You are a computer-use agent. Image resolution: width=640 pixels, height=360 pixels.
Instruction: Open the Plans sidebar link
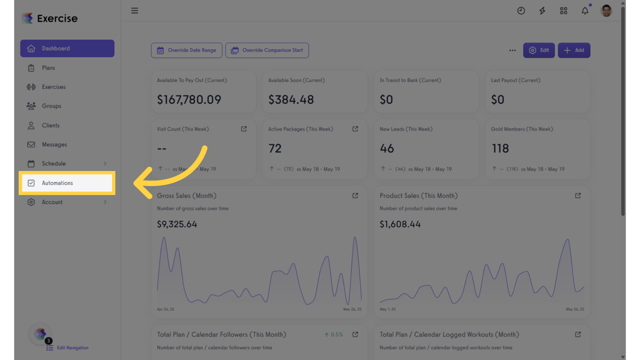point(48,68)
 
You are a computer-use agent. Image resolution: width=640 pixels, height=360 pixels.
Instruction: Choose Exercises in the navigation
point(53,87)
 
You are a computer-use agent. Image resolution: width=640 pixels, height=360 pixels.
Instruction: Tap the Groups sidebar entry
point(51,106)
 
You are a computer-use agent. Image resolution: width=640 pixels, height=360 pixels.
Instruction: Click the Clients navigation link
point(51,125)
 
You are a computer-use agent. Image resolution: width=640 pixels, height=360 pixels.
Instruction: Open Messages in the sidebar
point(54,144)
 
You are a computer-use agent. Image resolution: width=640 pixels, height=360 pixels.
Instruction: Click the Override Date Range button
point(186,50)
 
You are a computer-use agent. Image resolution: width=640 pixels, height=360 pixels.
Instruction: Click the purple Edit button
point(539,50)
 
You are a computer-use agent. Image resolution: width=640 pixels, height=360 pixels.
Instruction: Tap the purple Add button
point(574,50)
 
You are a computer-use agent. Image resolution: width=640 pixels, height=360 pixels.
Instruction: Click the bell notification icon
point(585,11)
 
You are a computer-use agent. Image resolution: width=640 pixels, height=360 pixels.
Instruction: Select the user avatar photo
point(606,11)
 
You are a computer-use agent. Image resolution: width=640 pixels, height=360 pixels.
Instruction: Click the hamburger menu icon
point(134,11)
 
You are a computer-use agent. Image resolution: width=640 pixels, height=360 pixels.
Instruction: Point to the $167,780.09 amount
point(189,99)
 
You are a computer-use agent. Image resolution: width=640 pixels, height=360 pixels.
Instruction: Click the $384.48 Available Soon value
point(291,99)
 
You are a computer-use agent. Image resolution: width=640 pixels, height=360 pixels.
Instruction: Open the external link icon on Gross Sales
point(355,195)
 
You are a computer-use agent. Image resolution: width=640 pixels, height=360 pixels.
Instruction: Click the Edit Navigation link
point(73,348)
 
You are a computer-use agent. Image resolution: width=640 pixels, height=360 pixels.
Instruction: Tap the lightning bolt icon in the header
point(542,11)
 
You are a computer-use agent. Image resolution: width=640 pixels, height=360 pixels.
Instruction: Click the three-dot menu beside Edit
point(512,50)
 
